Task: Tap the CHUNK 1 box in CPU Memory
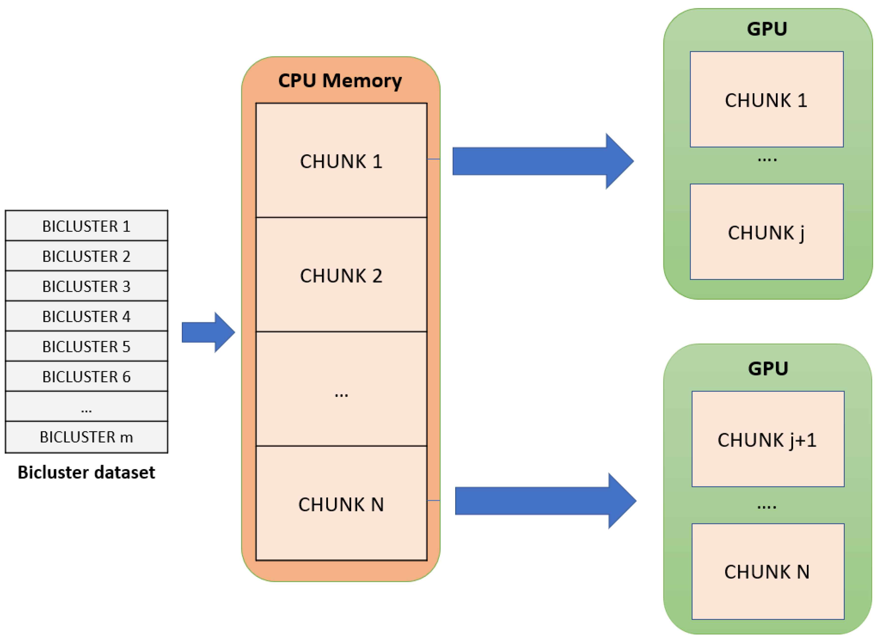tap(341, 160)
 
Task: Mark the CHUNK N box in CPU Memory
tap(341, 504)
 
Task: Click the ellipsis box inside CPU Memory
tap(341, 389)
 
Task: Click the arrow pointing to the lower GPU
tap(546, 501)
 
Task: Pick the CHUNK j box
tap(767, 232)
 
